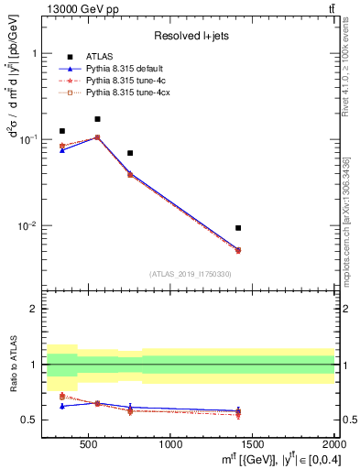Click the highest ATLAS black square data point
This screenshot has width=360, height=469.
[x=97, y=119]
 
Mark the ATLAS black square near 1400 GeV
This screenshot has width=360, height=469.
[x=238, y=228]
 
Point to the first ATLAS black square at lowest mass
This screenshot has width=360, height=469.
[x=61, y=131]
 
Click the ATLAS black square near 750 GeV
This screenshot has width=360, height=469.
[x=130, y=153]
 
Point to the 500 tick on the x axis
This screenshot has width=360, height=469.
[x=89, y=444]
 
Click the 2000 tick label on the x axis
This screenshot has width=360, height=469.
[x=333, y=444]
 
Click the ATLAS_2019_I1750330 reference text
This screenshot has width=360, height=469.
[x=190, y=274]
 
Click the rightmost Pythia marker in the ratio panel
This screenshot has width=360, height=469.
[x=238, y=413]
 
